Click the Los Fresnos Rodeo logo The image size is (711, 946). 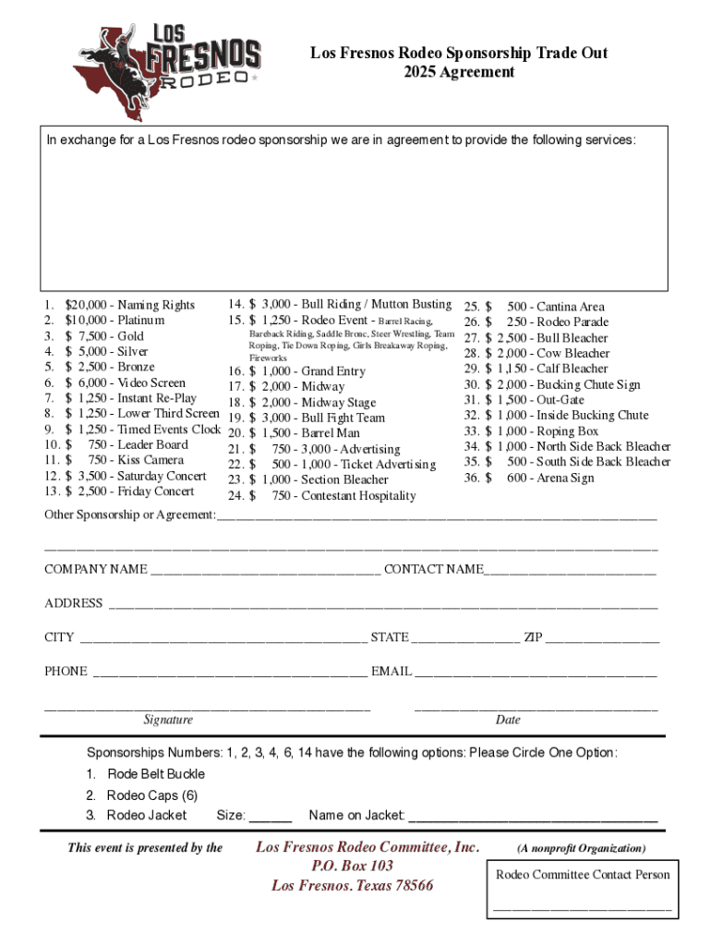point(166,68)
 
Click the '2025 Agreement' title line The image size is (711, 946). point(458,72)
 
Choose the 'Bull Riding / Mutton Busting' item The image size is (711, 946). point(350,304)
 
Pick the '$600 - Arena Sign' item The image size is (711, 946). point(549,478)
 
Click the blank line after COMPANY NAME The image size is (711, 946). point(265,571)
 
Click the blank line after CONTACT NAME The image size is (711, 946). point(570,571)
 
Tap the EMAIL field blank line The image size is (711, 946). point(536,673)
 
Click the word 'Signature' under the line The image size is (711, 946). point(168,720)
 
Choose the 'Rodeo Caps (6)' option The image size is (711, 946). point(151,795)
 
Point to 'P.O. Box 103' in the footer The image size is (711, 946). point(352,866)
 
